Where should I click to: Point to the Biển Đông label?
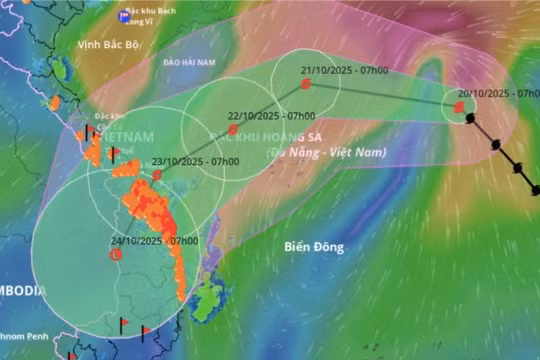312,246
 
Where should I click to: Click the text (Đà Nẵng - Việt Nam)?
327,152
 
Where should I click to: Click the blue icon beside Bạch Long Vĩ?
123,16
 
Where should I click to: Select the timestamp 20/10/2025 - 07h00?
495,93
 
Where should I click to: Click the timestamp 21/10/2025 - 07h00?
337,71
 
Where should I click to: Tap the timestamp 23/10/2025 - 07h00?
195,161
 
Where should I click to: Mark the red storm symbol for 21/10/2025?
306,85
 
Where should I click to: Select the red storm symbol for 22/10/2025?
233,129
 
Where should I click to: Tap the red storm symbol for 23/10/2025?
157,175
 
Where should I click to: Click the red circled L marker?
114,255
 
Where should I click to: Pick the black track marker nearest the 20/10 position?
470,119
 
